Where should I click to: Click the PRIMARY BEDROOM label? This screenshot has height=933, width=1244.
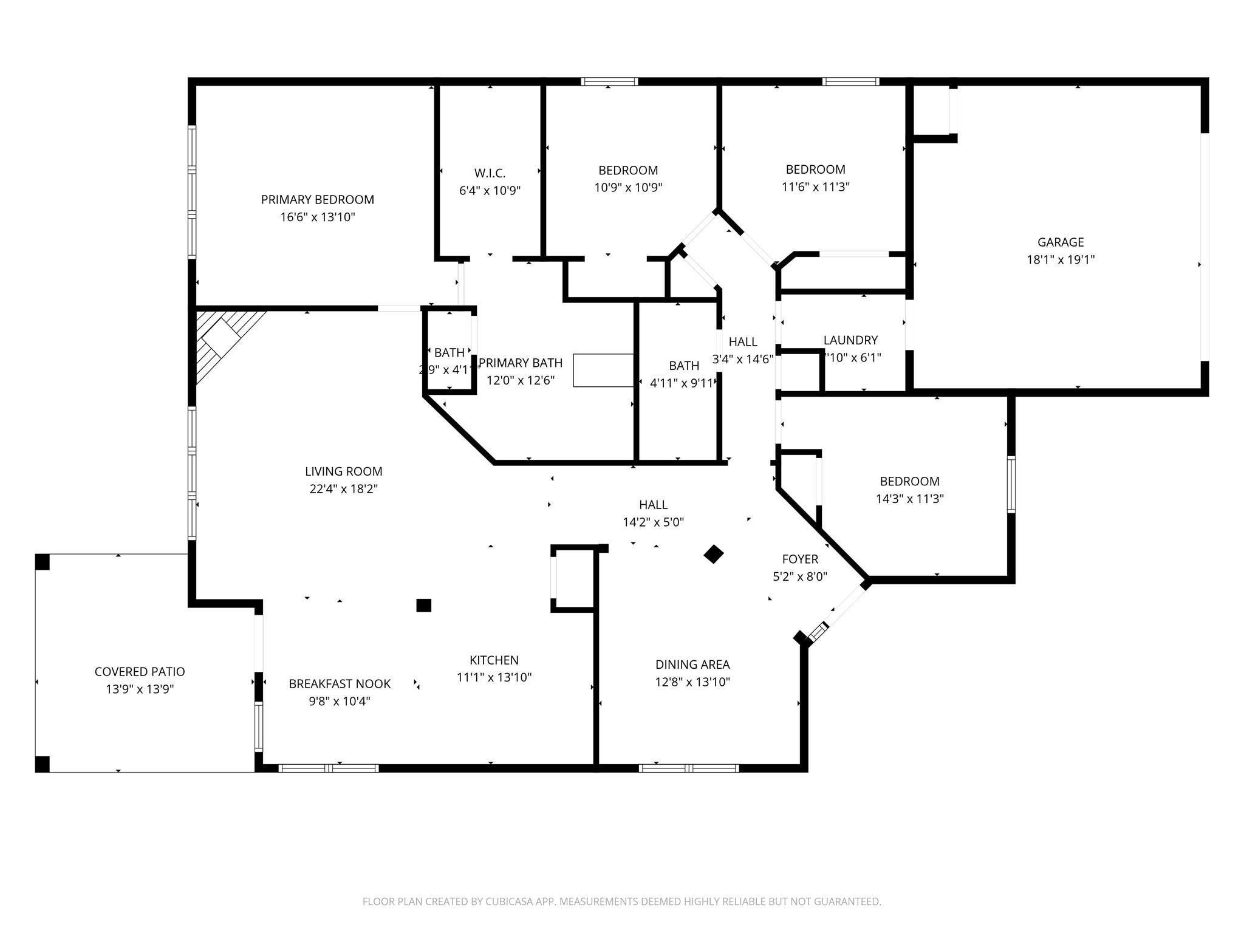317,200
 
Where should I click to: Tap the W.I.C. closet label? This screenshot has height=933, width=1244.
490,174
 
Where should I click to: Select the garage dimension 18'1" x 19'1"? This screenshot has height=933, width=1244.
1061,260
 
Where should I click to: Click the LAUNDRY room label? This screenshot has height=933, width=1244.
850,340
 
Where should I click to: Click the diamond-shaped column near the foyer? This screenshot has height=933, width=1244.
714,554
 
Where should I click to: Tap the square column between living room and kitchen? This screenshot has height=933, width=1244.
423,605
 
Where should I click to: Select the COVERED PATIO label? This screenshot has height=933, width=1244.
140,672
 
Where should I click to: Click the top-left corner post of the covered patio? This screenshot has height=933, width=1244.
43,562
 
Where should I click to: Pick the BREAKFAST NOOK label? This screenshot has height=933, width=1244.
340,684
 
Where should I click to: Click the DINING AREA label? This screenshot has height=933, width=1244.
692,665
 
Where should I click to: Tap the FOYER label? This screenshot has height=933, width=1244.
800,559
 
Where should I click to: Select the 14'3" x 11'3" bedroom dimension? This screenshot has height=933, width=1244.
909,499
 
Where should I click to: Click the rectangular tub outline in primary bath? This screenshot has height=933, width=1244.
603,370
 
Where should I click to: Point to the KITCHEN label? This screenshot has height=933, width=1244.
494,660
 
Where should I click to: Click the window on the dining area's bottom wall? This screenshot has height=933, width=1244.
689,768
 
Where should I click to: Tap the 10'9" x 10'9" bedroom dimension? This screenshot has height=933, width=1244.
628,188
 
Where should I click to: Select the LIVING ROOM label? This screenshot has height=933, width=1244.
343,471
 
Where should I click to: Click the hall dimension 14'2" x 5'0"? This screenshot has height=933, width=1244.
653,522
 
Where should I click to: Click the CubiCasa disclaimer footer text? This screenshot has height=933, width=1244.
621,901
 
